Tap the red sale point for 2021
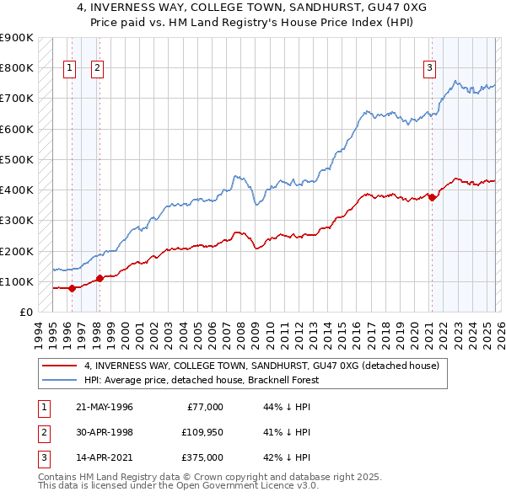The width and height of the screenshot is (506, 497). (433, 197)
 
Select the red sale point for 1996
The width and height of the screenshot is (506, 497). (72, 288)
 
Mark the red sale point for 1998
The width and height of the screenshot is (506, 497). (100, 278)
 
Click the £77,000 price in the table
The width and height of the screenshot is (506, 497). (204, 407)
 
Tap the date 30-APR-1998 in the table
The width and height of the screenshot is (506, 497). (104, 432)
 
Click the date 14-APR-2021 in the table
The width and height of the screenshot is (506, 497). (104, 457)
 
